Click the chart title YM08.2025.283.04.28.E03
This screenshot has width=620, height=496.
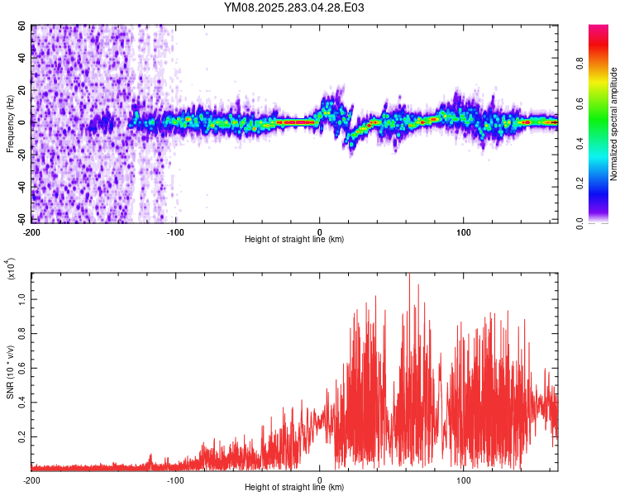pyautogui.click(x=294, y=8)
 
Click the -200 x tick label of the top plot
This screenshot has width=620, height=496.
pyautogui.click(x=31, y=231)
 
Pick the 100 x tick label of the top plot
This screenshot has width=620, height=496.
pyautogui.click(x=464, y=231)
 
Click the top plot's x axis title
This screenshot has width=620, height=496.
pyautogui.click(x=294, y=240)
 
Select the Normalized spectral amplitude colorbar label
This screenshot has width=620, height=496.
pyautogui.click(x=613, y=124)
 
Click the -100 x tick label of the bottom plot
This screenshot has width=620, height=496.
pyautogui.click(x=175, y=479)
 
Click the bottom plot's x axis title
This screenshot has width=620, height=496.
pyautogui.click(x=294, y=488)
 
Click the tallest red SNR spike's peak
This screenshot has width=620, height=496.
pyautogui.click(x=408, y=275)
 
